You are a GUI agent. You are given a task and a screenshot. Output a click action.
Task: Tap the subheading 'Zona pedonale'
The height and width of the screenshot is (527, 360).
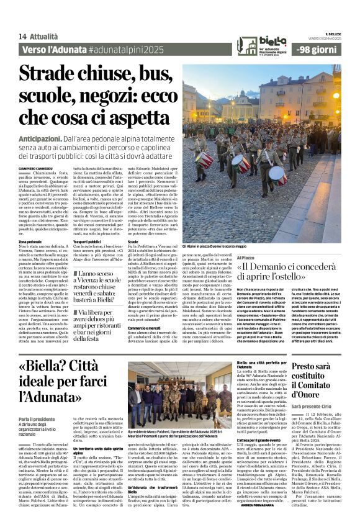pyautogui.click(x=30, y=241)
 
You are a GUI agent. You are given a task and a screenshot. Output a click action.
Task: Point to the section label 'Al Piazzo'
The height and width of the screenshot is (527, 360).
pyautogui.click(x=245, y=256)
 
